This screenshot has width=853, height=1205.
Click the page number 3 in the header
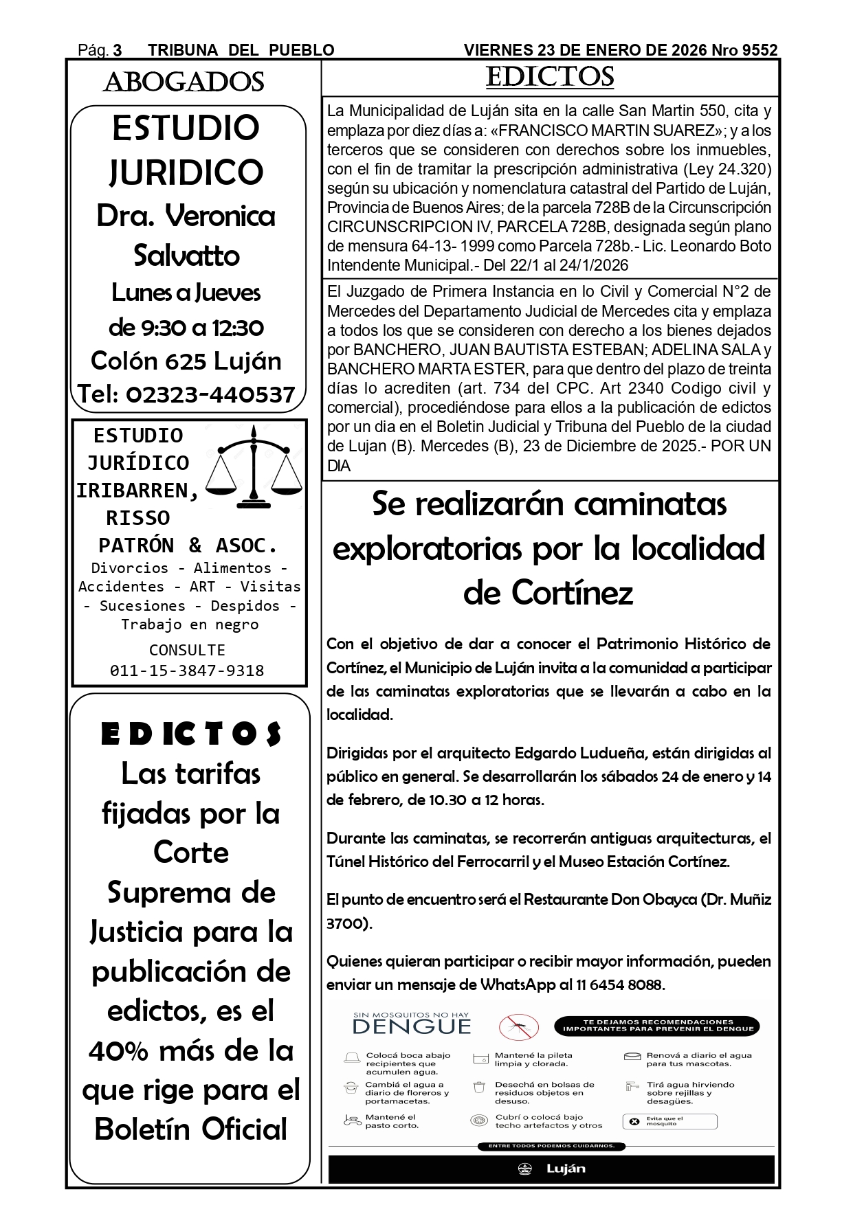118,51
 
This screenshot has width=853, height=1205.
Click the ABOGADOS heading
184,82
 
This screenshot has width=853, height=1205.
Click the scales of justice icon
255,468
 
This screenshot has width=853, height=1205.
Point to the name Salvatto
186,256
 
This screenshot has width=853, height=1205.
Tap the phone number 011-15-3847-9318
187,671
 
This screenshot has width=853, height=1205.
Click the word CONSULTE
187,650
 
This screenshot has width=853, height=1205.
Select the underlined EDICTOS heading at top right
549,77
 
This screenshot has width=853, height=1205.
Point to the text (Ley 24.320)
727,169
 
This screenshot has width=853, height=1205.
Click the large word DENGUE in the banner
412,1027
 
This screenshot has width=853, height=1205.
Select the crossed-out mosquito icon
518,1027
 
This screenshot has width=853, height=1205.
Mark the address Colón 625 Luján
186,361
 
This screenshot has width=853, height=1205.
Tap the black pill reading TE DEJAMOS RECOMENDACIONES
657,1026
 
